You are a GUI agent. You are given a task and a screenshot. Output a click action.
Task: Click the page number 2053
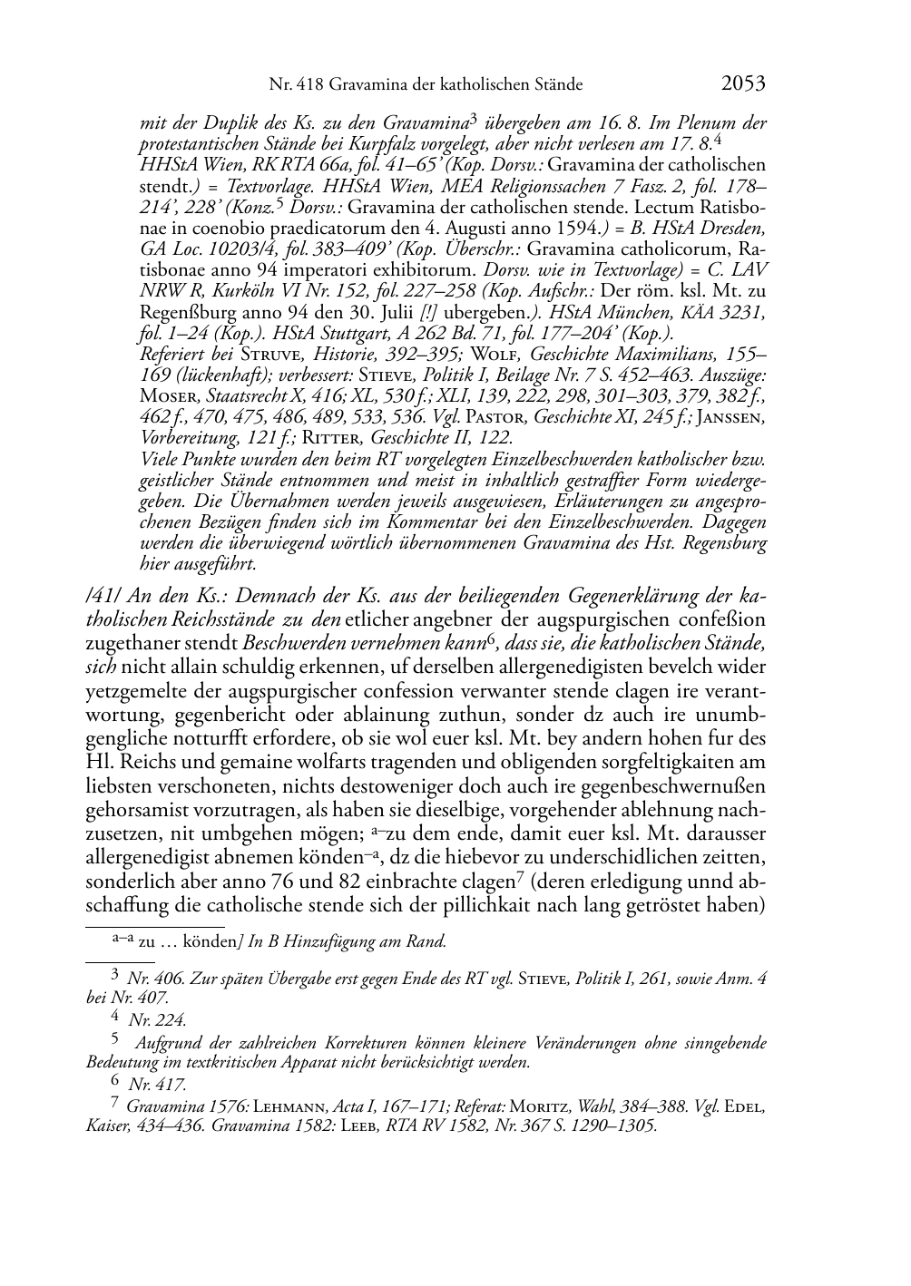(743, 84)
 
